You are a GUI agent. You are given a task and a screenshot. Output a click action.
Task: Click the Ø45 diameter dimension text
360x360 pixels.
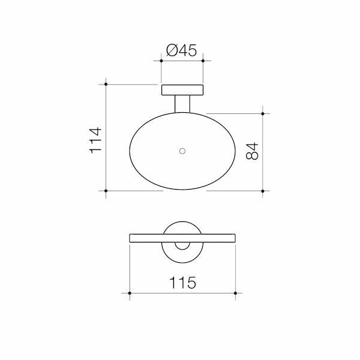182,50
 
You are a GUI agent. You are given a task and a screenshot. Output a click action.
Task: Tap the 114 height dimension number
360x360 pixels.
95,140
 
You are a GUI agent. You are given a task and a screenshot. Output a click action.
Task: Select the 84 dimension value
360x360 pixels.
252,151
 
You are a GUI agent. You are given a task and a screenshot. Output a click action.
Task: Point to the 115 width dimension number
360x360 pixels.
183,282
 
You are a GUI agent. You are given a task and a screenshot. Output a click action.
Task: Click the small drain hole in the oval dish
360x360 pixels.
182,151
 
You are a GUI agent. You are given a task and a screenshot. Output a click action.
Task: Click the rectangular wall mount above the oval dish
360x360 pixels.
182,90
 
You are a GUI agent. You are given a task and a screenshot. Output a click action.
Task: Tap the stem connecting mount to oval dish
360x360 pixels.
182,104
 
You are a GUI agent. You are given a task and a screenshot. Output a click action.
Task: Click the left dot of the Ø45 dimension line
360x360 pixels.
161,61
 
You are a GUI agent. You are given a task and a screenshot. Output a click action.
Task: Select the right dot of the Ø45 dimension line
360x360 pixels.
203,61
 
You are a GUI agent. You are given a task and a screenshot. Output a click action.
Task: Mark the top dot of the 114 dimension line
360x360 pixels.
106,84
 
